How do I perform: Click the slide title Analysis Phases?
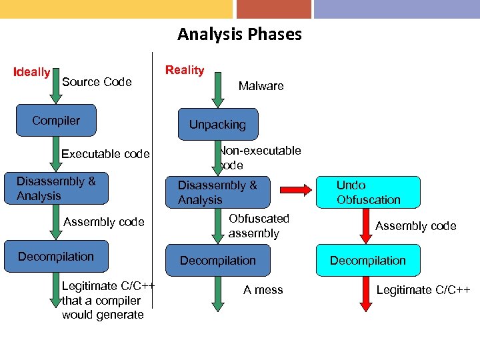[239, 34]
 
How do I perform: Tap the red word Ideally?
[32, 72]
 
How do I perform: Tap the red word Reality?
[185, 70]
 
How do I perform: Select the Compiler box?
[56, 121]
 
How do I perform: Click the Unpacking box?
[217, 125]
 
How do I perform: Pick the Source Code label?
[97, 82]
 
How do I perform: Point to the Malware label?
[261, 86]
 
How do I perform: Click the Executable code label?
[105, 154]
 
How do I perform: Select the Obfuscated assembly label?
[259, 226]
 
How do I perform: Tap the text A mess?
[263, 290]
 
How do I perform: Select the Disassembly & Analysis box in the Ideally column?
[56, 189]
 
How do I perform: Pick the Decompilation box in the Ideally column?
[56, 257]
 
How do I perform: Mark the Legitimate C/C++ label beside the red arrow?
[423, 290]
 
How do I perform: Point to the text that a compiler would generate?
[103, 307]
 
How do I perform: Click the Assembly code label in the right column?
[415, 226]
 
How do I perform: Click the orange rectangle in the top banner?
[273, 9]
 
